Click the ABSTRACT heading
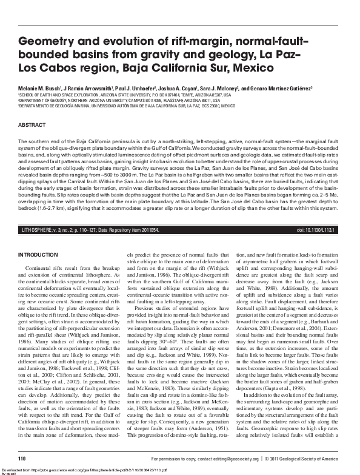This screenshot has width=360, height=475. click(x=32, y=124)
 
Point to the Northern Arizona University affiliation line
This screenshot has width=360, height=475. click(x=121, y=100)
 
